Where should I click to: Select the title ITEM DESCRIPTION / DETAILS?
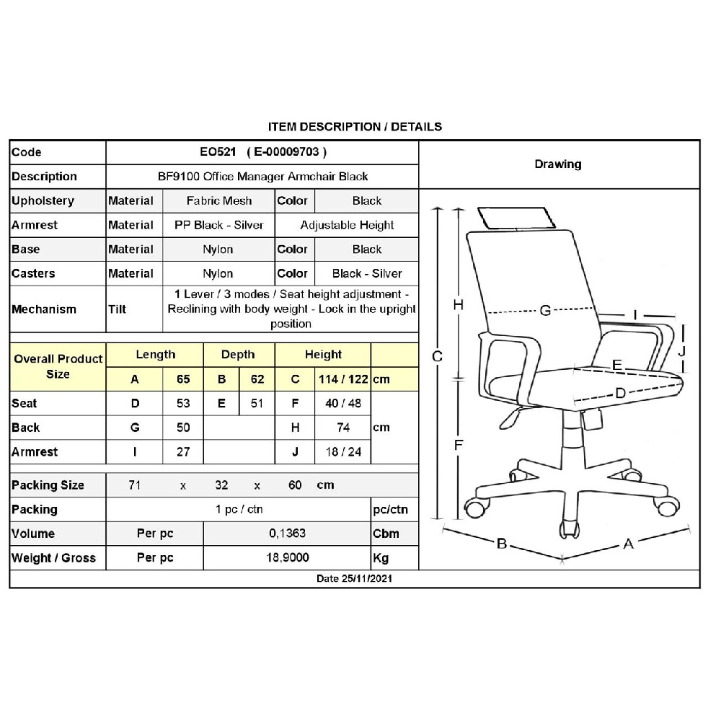355,127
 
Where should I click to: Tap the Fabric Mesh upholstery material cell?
219,201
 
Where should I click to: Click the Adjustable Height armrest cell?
347,225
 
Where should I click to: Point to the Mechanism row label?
44,309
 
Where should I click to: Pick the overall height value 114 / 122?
343,379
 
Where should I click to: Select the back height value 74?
343,428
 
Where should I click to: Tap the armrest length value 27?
183,452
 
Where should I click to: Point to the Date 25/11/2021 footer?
355,579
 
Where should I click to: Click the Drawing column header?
558,164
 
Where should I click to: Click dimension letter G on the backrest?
545,311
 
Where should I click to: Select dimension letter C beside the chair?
436,357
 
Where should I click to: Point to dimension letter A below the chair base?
628,544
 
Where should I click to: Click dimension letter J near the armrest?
681,350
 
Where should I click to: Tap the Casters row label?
33,274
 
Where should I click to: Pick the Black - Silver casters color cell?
367,274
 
